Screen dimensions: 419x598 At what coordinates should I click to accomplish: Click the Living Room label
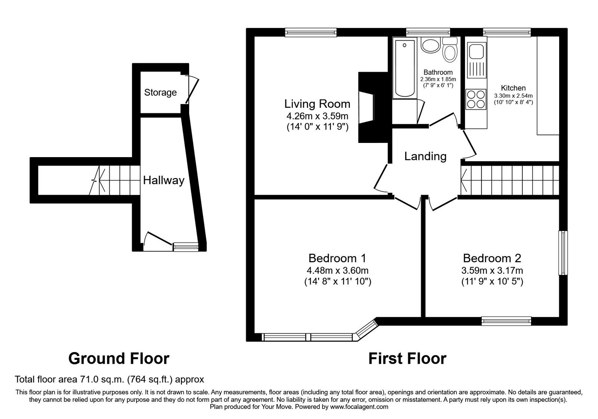(x=317, y=104)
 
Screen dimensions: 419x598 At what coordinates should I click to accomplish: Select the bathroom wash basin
(x=431, y=46)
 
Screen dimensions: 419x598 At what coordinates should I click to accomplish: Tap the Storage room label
(x=160, y=92)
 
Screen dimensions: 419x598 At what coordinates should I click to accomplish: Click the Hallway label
(x=164, y=181)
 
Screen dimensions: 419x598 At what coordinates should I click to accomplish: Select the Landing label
(x=425, y=156)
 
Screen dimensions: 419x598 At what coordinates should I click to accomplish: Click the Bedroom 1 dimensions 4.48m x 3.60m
(x=337, y=270)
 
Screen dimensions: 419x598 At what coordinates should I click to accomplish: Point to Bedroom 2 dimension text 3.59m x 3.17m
(x=492, y=270)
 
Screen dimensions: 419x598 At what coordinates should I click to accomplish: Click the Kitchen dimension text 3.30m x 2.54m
(x=513, y=96)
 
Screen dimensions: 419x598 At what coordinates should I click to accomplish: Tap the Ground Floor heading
(x=119, y=358)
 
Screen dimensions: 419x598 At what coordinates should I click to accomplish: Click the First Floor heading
(x=407, y=358)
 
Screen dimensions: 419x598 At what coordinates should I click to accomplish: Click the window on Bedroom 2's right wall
(x=563, y=253)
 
